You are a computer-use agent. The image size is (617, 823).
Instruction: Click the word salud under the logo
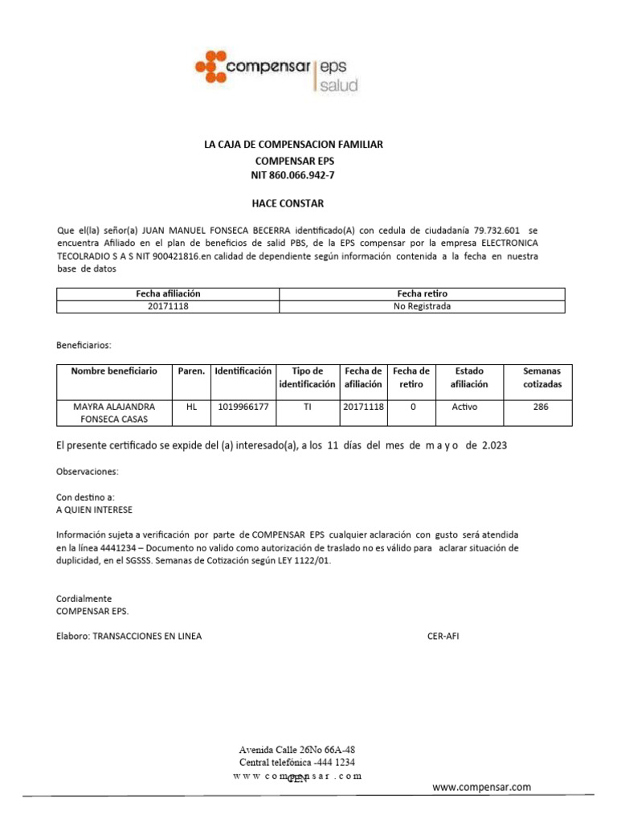338,85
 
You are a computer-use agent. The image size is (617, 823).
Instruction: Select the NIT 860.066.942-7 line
292,175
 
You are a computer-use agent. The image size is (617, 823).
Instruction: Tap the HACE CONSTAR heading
292,204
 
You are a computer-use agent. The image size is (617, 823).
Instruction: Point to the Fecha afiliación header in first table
168,294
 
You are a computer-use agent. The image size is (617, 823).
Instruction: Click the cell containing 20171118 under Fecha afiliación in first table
168,306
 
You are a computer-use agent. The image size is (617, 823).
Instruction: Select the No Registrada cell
422,306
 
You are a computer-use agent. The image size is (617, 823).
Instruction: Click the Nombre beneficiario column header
114,371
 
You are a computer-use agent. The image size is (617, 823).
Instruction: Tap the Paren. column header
191,371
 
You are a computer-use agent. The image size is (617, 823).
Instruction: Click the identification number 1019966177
243,407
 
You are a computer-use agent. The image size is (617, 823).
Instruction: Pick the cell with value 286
541,407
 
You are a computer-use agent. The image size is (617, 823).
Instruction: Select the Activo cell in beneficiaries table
464,407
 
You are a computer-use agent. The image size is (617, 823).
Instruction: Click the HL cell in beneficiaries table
191,407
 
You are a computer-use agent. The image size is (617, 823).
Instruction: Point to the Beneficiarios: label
84,345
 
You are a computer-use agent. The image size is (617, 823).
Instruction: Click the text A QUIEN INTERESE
95,510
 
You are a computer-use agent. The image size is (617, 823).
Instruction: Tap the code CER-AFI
443,636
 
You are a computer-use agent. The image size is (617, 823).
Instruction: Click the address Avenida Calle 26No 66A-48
297,749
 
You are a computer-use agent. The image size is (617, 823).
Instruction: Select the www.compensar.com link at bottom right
482,787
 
